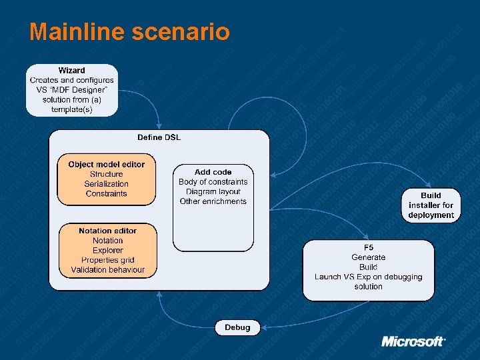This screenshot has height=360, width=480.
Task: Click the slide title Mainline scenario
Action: pyautogui.click(x=129, y=31)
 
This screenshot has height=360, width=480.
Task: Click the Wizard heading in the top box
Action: pyautogui.click(x=71, y=70)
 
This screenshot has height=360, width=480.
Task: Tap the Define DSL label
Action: pyautogui.click(x=159, y=137)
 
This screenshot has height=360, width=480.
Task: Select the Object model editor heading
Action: pyautogui.click(x=106, y=164)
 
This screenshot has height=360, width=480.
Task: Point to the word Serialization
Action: pyautogui.click(x=106, y=184)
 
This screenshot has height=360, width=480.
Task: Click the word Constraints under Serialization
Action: pyautogui.click(x=106, y=194)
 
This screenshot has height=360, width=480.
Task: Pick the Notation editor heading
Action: pyautogui.click(x=107, y=231)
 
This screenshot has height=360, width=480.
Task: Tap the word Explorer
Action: pyautogui.click(x=107, y=250)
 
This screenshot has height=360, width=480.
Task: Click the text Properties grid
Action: pyautogui.click(x=107, y=260)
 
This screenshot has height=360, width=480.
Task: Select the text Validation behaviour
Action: pyautogui.click(x=107, y=270)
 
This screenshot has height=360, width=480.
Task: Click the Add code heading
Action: pyautogui.click(x=213, y=172)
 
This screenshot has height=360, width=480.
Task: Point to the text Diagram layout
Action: pyautogui.click(x=213, y=192)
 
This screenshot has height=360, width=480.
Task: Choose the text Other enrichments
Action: pyautogui.click(x=213, y=201)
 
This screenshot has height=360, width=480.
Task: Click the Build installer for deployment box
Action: pyautogui.click(x=431, y=205)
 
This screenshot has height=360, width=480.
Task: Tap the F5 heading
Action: pyautogui.click(x=368, y=247)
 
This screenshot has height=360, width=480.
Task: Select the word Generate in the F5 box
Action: pyautogui.click(x=368, y=257)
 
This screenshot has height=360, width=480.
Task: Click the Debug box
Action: pyautogui.click(x=237, y=327)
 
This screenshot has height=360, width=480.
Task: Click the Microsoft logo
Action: pyautogui.click(x=413, y=341)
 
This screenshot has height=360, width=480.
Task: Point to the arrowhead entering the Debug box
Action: pyautogui.click(x=263, y=327)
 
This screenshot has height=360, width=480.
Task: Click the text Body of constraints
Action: pyautogui.click(x=213, y=182)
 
